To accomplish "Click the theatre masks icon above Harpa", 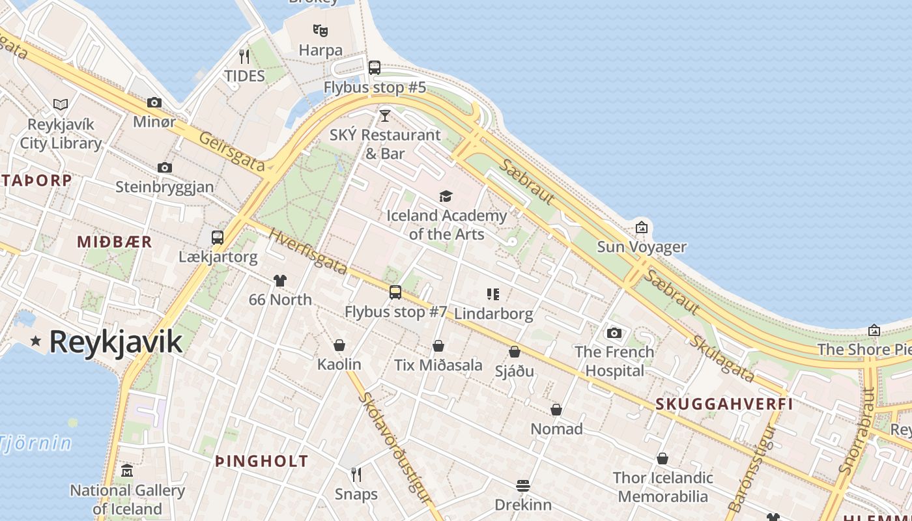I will click(x=320, y=30).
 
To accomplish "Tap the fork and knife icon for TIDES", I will click(x=244, y=57).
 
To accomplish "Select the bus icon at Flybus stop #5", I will click(x=375, y=67).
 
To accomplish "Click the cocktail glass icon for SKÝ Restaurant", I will click(x=385, y=116).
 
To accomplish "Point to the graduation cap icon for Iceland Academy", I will click(x=446, y=196).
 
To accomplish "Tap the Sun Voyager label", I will click(x=642, y=247).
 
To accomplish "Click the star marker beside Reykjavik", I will click(x=35, y=341).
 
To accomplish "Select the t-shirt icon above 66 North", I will click(x=280, y=281).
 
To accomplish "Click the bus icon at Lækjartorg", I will click(x=218, y=238).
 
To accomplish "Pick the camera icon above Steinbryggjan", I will click(x=165, y=167).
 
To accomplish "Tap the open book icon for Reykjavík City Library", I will click(x=61, y=104).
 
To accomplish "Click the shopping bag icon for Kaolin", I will click(x=339, y=345).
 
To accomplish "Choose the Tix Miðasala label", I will click(x=438, y=365).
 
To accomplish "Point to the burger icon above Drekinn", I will click(x=523, y=486).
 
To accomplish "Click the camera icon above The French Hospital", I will click(x=614, y=333).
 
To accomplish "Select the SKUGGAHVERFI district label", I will click(x=724, y=404).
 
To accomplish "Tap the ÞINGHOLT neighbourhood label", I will click(x=262, y=461).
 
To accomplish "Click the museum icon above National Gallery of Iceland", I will click(x=127, y=471).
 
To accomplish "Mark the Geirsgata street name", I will click(x=232, y=153).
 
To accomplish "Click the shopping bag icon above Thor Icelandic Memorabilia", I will click(x=663, y=458).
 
